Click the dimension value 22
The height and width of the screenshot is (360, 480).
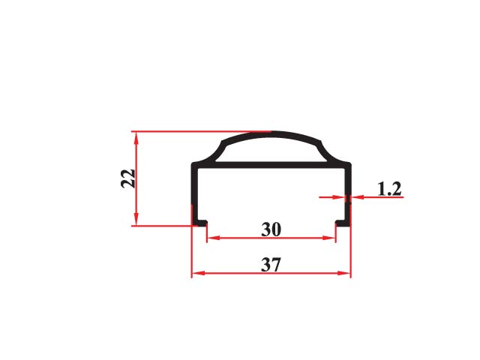pyautogui.click(x=128, y=178)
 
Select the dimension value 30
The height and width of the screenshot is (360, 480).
pyautogui.click(x=271, y=229)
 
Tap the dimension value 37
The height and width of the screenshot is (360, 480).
pyautogui.click(x=271, y=265)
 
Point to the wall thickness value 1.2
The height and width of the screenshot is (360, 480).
pyautogui.click(x=389, y=189)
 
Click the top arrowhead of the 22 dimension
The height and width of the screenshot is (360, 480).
pyautogui.click(x=136, y=138)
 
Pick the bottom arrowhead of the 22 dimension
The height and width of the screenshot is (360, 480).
pyautogui.click(x=136, y=219)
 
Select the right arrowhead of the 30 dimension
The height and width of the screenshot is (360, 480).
pyautogui.click(x=329, y=238)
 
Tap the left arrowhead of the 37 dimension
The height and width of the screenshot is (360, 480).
pyautogui.click(x=198, y=273)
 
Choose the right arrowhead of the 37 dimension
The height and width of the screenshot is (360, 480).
pyautogui.click(x=344, y=273)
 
